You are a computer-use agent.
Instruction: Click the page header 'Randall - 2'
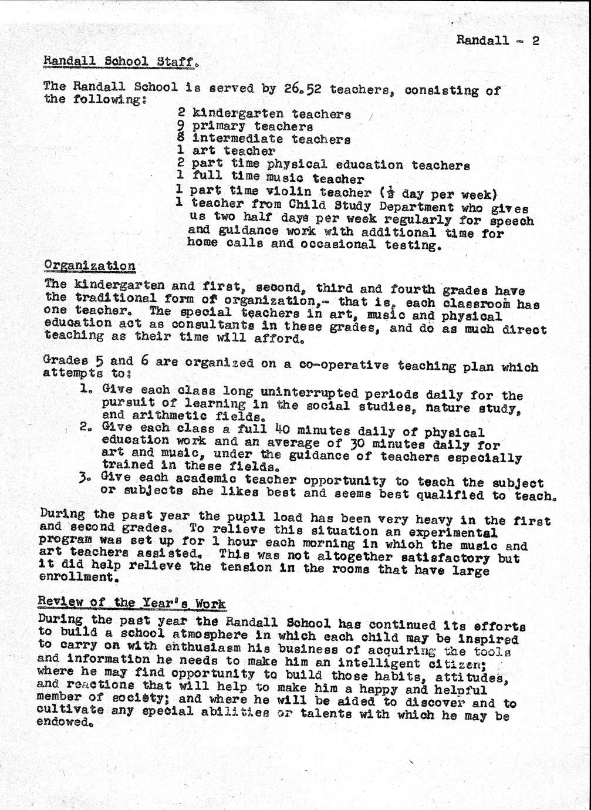click(x=497, y=41)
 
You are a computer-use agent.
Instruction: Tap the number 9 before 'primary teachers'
click(x=181, y=126)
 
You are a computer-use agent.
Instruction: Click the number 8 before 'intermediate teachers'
click(x=181, y=139)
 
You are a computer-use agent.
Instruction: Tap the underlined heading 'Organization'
click(x=90, y=265)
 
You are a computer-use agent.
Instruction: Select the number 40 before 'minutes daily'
click(x=291, y=430)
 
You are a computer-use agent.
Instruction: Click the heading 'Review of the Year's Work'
click(x=131, y=603)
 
